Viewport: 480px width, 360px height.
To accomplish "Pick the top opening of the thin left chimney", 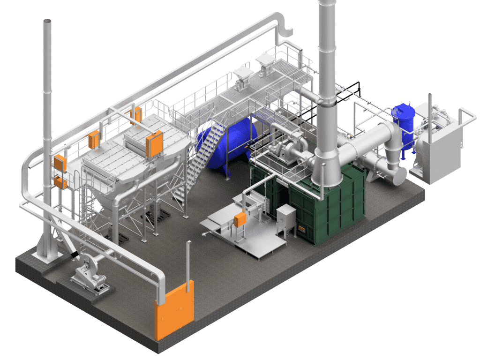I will [x=47, y=21].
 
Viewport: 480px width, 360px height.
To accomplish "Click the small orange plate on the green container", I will [x=302, y=229].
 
